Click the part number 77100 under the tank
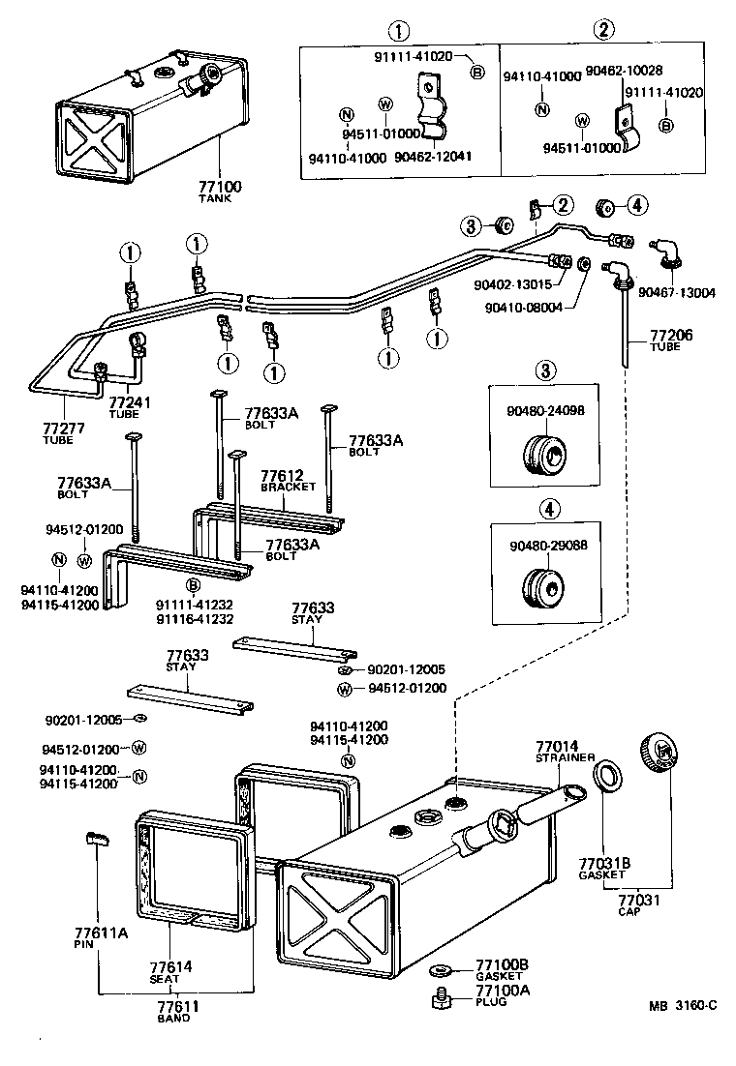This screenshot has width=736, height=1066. pos(220,186)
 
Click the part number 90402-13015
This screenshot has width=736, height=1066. pos(512,284)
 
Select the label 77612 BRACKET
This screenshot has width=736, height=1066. pos(282,476)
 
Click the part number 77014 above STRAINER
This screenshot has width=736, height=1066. pos(557,747)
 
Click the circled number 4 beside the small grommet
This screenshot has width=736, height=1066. pos(635,204)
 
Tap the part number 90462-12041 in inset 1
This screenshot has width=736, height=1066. pos(433,156)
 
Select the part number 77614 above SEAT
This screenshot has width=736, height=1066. pos(170,966)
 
